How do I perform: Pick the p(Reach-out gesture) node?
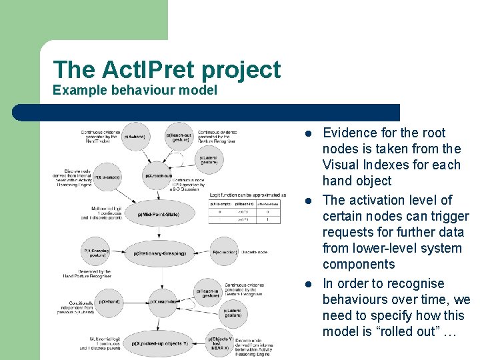click(178, 137)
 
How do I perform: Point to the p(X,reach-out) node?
click(159, 176)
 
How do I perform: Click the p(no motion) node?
click(222, 252)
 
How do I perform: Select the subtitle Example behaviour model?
click(135, 89)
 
